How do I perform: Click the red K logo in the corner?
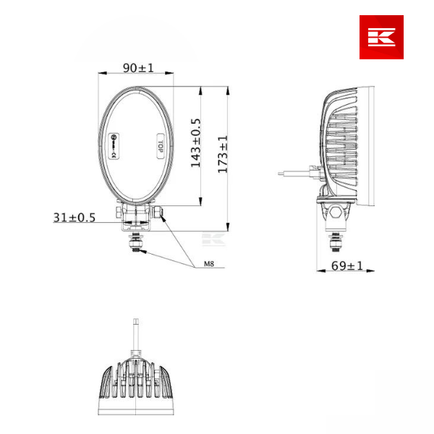381,37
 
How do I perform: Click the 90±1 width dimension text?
138,67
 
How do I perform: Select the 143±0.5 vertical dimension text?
195,143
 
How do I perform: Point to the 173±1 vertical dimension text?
223,154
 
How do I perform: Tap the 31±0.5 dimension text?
74,217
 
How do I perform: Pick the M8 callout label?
208,265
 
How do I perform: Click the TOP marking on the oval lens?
159,143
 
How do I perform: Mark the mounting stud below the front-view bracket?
135,241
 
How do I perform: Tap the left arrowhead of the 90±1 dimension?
102,72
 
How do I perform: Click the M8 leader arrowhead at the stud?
142,251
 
